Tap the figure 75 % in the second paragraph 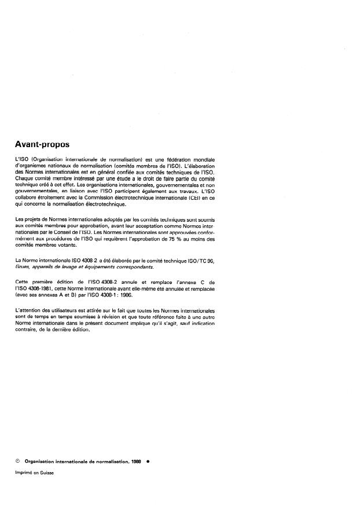point(172,238)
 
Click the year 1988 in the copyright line point(136,462)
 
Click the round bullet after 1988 point(149,462)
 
